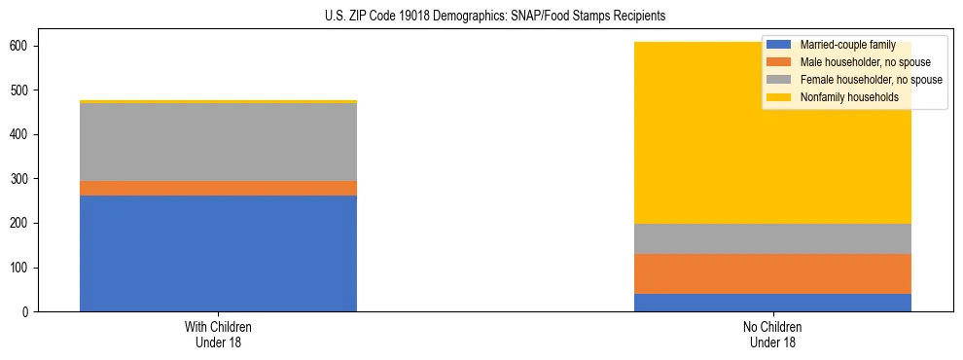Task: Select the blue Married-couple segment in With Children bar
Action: [218, 253]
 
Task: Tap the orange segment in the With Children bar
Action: [218, 188]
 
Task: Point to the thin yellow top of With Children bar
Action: [218, 101]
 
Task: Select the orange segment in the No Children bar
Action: [772, 273]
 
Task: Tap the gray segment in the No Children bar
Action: [772, 239]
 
